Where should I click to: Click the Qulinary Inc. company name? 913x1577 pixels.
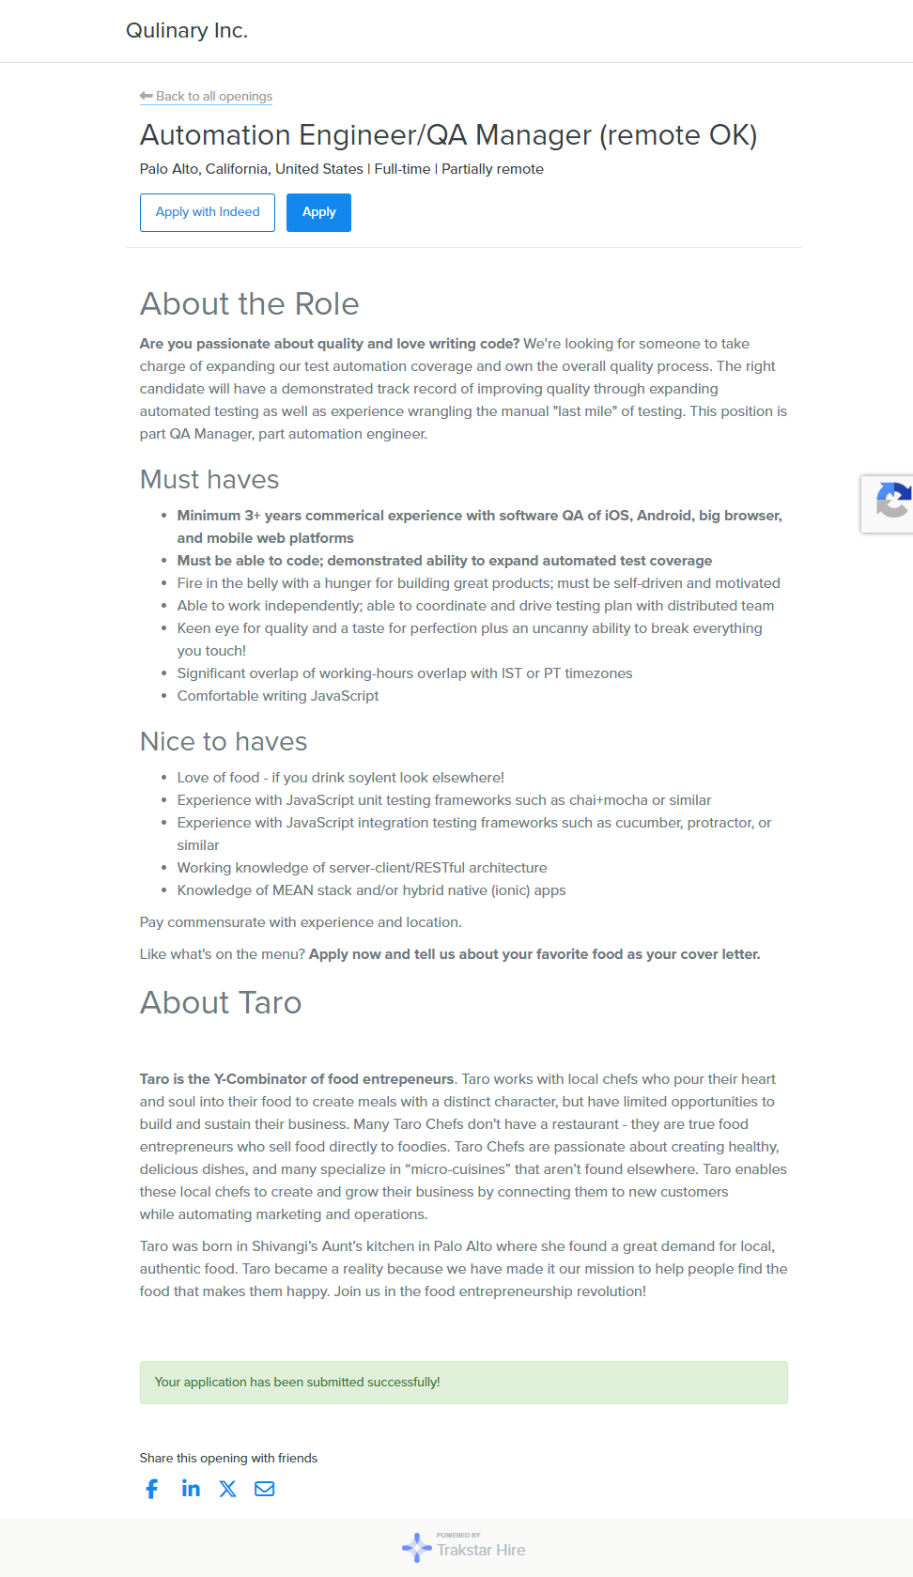tap(187, 31)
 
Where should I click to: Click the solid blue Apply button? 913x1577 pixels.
tap(318, 212)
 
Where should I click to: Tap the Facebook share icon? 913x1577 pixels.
tap(152, 1489)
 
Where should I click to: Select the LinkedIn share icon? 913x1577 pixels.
tap(191, 1488)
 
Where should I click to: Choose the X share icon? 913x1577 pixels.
tap(227, 1489)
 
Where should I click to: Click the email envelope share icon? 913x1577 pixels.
tap(265, 1489)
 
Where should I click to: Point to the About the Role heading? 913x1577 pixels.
tap(249, 304)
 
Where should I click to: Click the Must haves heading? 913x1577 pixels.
tap(209, 480)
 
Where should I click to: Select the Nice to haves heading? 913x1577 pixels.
tap(224, 742)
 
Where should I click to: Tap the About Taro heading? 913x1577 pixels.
tap(221, 1003)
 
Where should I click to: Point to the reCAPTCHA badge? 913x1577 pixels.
tap(890, 503)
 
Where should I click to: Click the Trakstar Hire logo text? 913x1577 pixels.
tap(480, 1550)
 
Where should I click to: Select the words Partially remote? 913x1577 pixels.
tap(492, 169)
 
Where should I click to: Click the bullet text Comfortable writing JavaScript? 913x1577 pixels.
tap(278, 696)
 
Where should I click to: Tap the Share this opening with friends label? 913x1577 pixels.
tap(228, 1459)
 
